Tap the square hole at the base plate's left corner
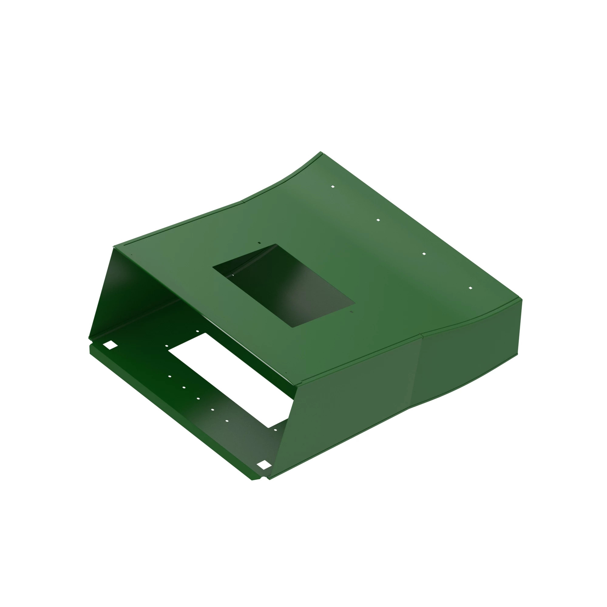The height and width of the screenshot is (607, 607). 110,345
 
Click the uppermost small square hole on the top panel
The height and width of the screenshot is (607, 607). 333,187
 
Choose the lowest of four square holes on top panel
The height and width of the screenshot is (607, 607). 470,288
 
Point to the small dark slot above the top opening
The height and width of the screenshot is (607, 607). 259,242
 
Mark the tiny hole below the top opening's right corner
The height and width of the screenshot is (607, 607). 351,312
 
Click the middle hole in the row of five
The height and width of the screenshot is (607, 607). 198,399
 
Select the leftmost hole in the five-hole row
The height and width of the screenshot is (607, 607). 170,376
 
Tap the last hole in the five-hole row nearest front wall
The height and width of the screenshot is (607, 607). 227,421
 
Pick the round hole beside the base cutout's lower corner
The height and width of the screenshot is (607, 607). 276,430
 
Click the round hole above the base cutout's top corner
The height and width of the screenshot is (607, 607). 197,331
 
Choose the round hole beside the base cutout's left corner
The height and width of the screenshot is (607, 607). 167,346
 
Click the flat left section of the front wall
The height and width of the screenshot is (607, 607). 346,418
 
